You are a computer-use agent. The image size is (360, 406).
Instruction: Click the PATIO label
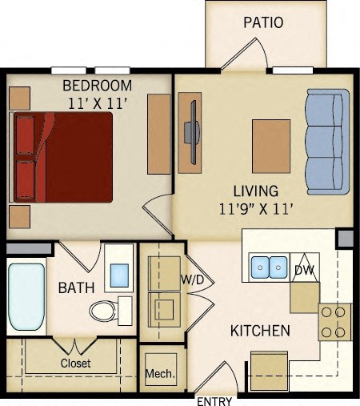coord(263,22)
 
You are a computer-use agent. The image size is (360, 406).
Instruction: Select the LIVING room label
coord(255,191)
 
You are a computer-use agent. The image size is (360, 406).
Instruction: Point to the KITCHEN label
coord(260,331)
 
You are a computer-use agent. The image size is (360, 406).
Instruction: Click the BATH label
coord(76,287)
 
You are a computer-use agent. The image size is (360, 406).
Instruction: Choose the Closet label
coord(75,363)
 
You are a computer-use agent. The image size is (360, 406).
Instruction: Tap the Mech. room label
coord(161,374)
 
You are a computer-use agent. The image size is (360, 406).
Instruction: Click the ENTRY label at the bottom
coord(214,399)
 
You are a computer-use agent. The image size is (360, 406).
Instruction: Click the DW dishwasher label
coord(303,271)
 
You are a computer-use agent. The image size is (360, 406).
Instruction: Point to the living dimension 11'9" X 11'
coord(255,209)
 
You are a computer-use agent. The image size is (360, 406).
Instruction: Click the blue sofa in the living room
coord(328,143)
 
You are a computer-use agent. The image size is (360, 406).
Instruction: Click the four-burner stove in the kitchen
coord(335,322)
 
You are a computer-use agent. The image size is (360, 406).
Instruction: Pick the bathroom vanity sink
coord(119,273)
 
